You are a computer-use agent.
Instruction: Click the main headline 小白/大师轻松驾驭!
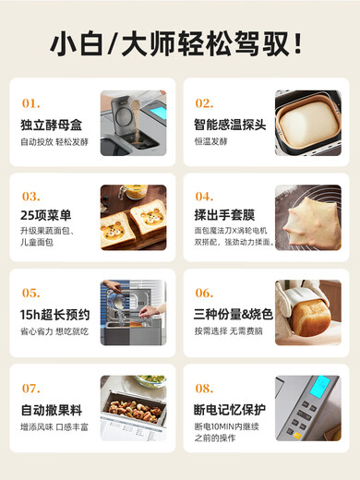[179, 43]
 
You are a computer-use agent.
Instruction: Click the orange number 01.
[30, 103]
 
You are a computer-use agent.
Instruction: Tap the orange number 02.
[204, 103]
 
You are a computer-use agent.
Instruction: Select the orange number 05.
[31, 293]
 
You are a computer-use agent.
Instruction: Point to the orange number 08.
[204, 389]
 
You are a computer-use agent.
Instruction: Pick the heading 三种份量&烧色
[233, 315]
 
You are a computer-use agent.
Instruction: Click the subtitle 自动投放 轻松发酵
[52, 143]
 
